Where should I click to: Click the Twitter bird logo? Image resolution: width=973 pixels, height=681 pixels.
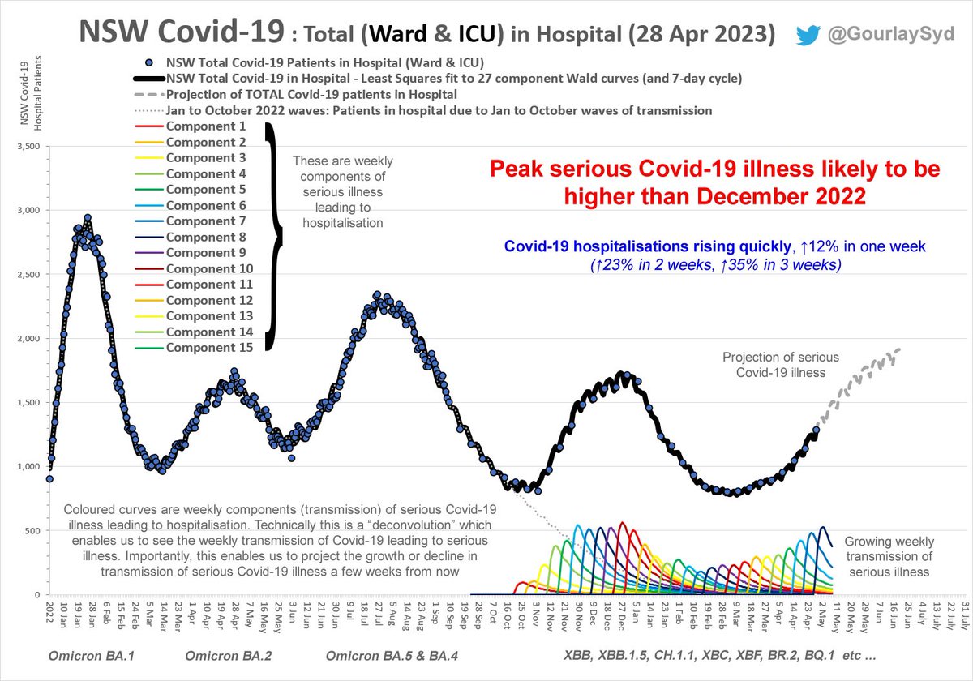tap(808, 35)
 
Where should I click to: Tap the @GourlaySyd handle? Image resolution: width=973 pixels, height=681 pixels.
tap(891, 34)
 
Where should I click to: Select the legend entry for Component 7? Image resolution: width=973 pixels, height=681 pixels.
tap(191, 221)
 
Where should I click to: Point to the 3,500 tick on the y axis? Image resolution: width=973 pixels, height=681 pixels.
tap(28, 147)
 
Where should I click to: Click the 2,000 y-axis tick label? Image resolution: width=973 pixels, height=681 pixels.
tap(28, 338)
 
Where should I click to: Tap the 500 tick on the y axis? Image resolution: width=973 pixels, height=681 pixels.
tap(32, 531)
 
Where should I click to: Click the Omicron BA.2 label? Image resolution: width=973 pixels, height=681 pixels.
tap(229, 655)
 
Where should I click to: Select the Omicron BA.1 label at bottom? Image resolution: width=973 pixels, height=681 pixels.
tap(91, 655)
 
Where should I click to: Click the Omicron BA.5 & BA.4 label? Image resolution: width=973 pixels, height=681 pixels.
tap(392, 655)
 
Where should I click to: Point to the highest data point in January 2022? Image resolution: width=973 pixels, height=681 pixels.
tap(88, 217)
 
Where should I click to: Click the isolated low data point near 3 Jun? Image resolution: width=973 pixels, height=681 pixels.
tap(291, 458)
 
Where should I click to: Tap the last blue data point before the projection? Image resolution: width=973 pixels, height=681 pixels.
tap(817, 430)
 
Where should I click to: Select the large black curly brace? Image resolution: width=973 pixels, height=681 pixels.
tap(274, 237)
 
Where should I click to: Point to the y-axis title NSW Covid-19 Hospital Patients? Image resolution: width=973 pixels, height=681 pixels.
tap(32, 93)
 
